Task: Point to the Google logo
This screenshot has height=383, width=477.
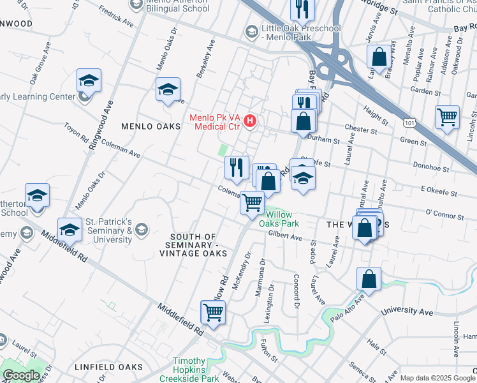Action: (x=20, y=375)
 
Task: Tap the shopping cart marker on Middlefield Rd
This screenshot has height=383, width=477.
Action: (x=212, y=312)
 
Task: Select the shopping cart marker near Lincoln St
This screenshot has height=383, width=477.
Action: (x=447, y=117)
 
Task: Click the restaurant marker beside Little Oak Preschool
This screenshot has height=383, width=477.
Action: (x=300, y=8)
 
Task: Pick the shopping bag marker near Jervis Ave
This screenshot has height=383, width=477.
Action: (x=379, y=56)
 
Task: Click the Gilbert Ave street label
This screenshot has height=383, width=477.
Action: (x=285, y=236)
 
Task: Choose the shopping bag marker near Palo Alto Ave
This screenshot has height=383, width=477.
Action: (x=369, y=278)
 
